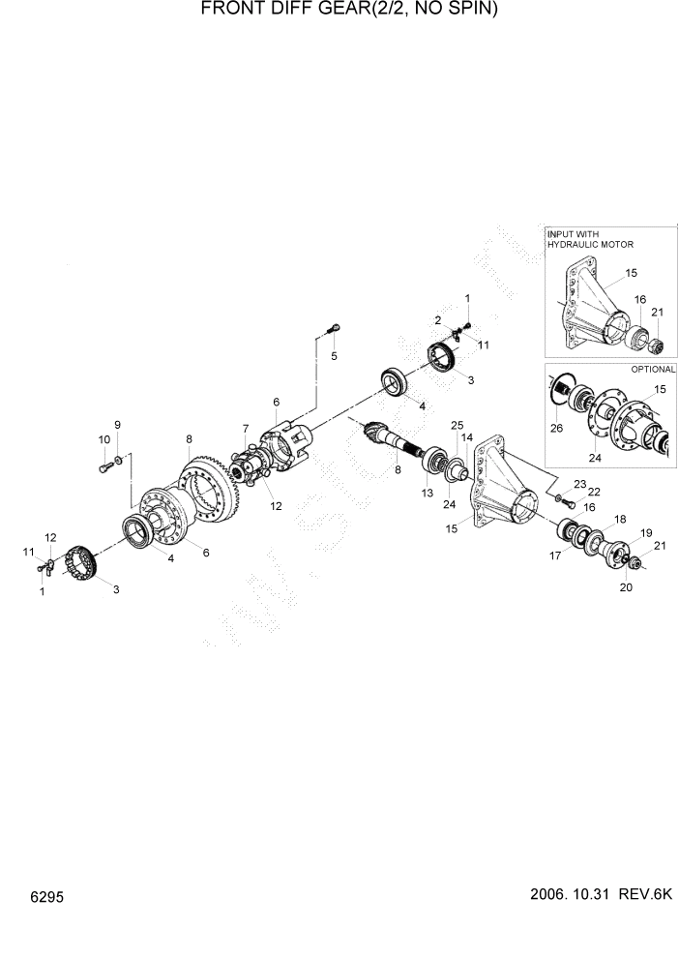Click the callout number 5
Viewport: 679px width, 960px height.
(x=335, y=356)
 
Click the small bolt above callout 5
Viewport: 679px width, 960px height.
(x=332, y=328)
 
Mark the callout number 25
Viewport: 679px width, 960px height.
(x=458, y=425)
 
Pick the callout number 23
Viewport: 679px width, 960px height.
(x=579, y=483)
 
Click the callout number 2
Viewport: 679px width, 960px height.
(x=437, y=319)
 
